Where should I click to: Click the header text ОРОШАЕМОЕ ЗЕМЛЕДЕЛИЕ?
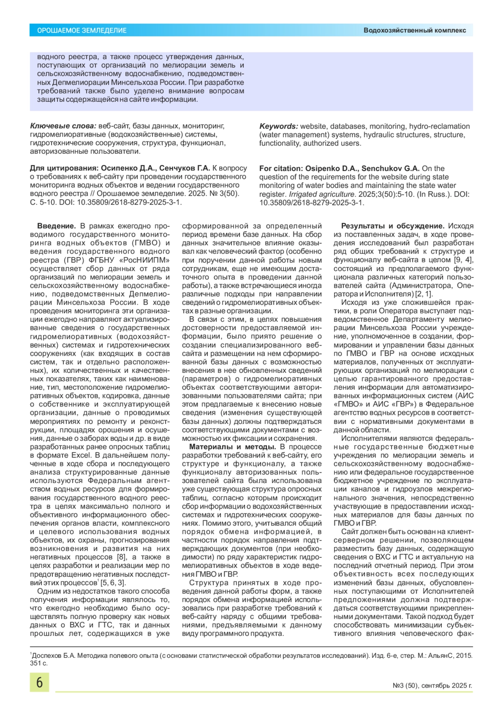82,31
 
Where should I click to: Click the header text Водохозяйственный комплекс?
415,31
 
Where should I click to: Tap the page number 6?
39,683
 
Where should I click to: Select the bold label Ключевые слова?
63,126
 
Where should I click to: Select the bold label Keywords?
279,126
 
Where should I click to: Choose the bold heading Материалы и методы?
232,447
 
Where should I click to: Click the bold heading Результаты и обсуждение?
392,226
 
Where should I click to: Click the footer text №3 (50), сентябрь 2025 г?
432,686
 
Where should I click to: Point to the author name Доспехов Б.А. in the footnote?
53,656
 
